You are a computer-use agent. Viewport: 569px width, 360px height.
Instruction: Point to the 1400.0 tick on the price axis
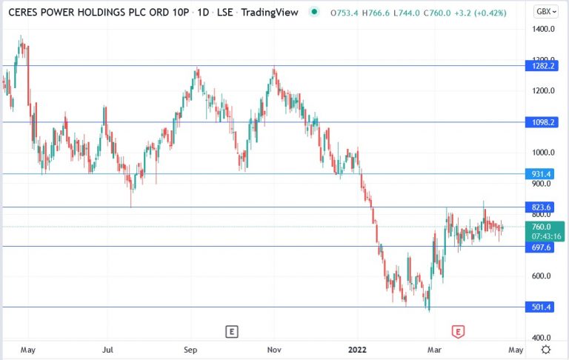click(542, 28)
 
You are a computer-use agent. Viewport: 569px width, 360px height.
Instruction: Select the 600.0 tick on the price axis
click(541, 276)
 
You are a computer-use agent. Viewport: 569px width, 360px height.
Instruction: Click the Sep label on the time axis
click(190, 348)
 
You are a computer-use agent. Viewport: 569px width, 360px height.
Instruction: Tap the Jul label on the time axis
click(108, 348)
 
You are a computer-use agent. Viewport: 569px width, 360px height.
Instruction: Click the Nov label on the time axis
click(274, 348)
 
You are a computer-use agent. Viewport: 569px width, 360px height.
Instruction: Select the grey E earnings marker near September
click(232, 331)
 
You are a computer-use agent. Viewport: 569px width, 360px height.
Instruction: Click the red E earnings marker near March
click(458, 331)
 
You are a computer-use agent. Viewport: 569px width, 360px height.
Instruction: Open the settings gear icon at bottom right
click(545, 348)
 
